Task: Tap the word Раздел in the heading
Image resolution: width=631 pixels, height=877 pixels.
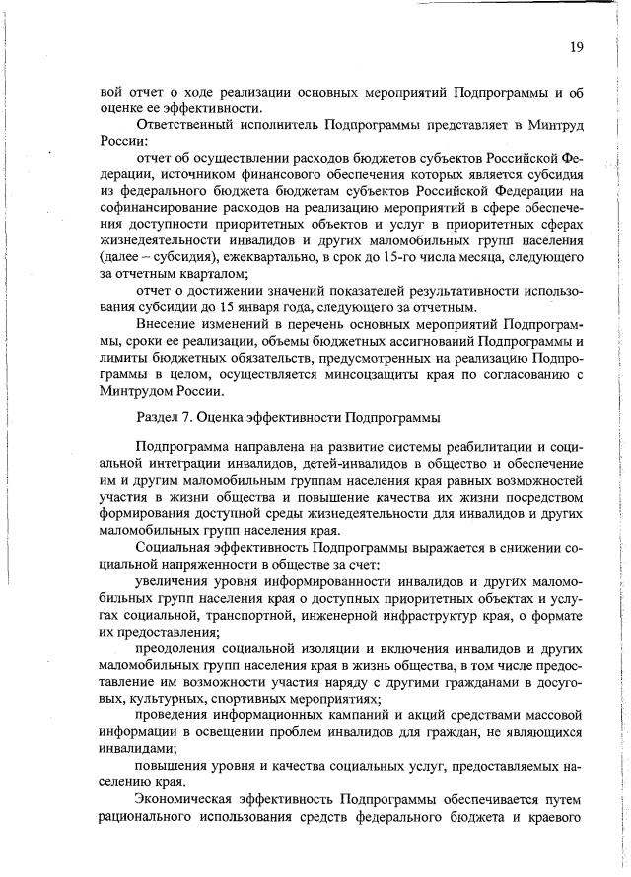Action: (x=159, y=417)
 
